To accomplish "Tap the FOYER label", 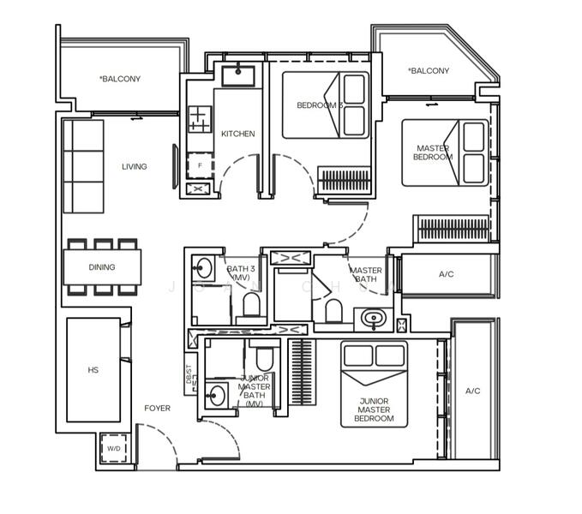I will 157,409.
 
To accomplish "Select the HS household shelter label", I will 93,371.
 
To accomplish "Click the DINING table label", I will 102,267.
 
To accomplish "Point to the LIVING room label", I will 134,167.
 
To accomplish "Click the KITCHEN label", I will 237,134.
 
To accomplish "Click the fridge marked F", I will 199,164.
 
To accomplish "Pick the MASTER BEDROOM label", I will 432,152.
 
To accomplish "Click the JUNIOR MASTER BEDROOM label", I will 373,409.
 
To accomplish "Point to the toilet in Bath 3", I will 251,304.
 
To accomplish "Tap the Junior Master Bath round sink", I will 216,395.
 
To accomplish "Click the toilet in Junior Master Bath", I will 262,357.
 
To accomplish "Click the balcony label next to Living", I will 120,80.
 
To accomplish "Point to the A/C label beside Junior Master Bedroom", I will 473,391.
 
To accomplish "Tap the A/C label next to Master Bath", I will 446,275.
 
